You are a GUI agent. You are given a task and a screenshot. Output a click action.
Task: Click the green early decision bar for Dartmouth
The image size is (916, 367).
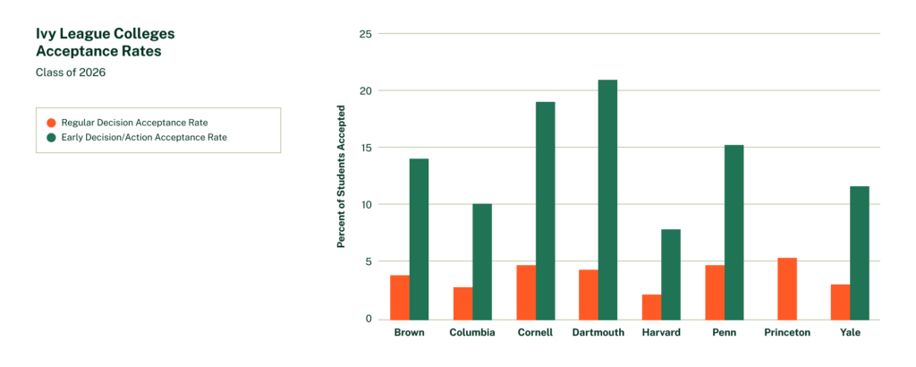coord(608,200)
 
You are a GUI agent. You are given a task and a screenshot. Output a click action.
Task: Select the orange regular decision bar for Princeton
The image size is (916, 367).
coord(787,288)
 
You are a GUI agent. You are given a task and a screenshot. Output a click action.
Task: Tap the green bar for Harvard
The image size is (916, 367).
coord(671,274)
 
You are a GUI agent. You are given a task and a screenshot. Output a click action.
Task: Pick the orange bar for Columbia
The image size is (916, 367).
coord(462,303)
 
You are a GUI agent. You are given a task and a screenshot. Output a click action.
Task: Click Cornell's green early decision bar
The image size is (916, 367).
coord(545,210)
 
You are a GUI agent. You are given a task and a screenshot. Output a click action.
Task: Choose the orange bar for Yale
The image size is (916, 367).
coord(840,302)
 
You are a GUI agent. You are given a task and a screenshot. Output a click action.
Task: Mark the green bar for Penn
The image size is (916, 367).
coord(734,232)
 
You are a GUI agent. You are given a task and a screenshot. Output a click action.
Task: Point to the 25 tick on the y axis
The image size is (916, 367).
coord(363,34)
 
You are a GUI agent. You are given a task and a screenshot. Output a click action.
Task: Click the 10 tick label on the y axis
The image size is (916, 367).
coord(363,205)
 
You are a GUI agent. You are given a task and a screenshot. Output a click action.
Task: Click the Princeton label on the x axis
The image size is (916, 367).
coord(787,333)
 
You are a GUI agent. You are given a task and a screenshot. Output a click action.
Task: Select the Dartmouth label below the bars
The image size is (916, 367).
coord(598,333)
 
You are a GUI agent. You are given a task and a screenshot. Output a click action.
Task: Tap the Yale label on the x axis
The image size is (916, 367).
coord(850,333)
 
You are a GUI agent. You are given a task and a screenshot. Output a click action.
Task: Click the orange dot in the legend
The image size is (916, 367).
coord(51,122)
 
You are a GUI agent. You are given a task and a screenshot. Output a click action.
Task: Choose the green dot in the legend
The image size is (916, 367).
coord(51,137)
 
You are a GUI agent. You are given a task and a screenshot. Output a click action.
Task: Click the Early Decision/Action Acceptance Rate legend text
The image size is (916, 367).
coord(144,137)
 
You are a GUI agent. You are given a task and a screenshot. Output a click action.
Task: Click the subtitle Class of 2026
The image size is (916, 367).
coord(71,73)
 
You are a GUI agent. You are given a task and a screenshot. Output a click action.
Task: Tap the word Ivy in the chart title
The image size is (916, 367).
coord(47,34)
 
